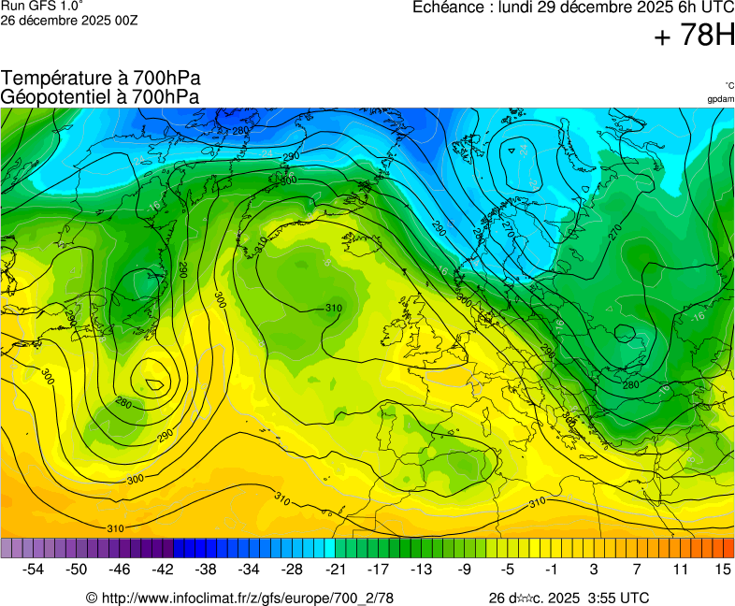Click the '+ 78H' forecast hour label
(x=694, y=36)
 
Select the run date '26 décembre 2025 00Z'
(x=69, y=20)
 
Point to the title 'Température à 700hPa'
(x=100, y=79)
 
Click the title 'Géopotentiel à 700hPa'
(x=100, y=96)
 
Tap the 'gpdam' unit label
(x=720, y=98)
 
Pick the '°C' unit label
(x=728, y=85)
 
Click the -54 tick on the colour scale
(x=34, y=569)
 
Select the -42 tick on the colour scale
(x=163, y=569)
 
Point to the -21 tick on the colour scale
(x=335, y=569)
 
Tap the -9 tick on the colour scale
(x=465, y=569)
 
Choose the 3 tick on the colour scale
(x=594, y=569)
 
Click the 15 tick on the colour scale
(x=723, y=569)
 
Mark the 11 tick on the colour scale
(x=680, y=569)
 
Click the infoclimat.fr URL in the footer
(x=239, y=598)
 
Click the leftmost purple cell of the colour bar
(x=7, y=548)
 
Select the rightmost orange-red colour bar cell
(x=728, y=548)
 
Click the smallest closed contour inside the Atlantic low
(x=154, y=382)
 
